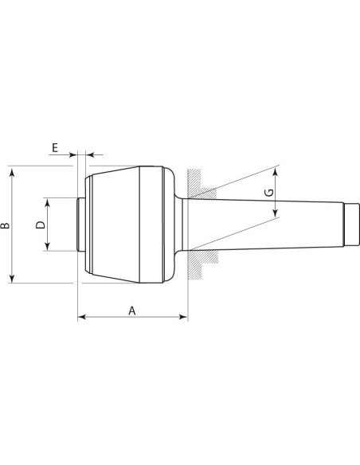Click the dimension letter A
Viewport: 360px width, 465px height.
tap(132, 311)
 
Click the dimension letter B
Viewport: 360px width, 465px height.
tap(5, 225)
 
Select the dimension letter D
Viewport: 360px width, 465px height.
tap(41, 225)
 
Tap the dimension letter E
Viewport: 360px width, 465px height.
tap(55, 147)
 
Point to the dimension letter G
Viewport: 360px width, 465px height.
tap(269, 193)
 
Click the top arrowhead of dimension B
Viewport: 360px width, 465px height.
tap(12, 172)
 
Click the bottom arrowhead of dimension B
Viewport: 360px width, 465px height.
tap(12, 279)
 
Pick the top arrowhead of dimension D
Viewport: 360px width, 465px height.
tap(47, 202)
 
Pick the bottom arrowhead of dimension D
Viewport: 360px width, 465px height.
tap(47, 247)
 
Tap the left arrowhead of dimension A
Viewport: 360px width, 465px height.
tap(81, 317)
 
